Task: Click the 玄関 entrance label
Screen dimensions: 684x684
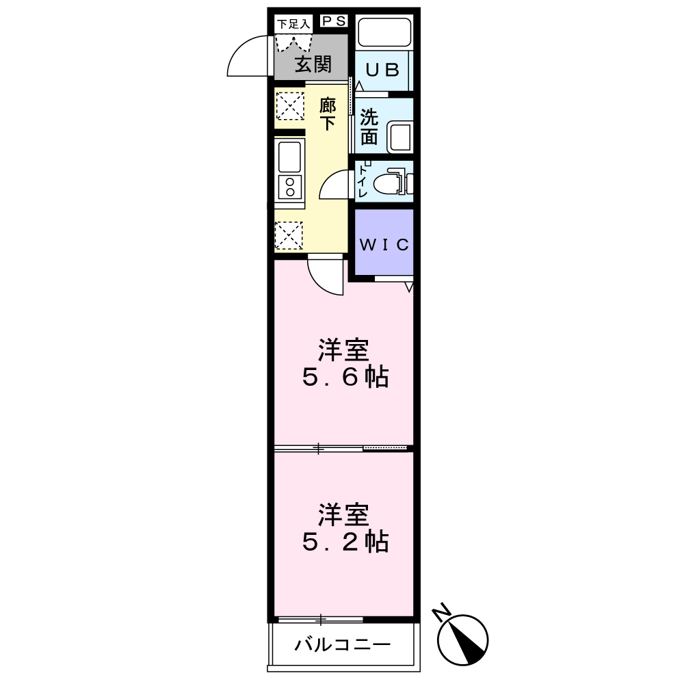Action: point(313,65)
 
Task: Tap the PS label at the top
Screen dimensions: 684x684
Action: point(333,22)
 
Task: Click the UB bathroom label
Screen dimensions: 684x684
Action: point(381,70)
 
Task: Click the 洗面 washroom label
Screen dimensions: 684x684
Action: point(369,127)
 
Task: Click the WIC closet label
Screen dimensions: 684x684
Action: point(384,245)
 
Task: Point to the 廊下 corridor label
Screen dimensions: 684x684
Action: point(328,114)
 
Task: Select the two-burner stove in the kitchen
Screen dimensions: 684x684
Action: point(290,187)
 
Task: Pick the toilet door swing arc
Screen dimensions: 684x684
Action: point(335,185)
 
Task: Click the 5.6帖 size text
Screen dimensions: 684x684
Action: point(345,377)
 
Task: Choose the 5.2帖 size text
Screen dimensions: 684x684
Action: point(345,542)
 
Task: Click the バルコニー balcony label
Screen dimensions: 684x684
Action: point(343,644)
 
